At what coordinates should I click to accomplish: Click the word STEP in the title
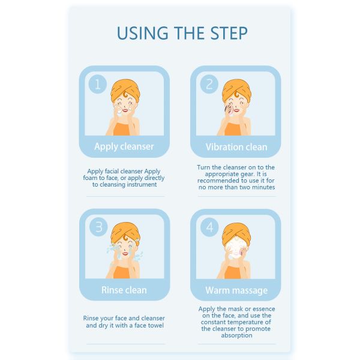pos(229,33)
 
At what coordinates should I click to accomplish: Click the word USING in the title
pos(142,33)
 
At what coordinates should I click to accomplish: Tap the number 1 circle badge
pos(98,84)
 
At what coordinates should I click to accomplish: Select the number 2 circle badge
pos(209,84)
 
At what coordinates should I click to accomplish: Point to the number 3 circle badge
pos(98,227)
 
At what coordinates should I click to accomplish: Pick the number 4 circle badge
pos(209,227)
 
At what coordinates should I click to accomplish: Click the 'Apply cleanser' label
pos(124,147)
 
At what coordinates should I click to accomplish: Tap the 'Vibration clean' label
pos(236,147)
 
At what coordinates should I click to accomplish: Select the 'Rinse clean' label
pos(124,290)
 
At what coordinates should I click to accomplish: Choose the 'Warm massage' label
pos(236,290)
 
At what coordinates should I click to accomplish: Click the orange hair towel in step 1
pos(125,89)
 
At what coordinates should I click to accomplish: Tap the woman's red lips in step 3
pos(125,253)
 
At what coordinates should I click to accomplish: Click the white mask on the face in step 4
pos(235,249)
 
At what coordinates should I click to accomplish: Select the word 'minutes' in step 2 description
pos(263,187)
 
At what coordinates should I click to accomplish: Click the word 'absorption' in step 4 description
pos(237,335)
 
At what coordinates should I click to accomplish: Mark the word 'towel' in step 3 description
pos(155,325)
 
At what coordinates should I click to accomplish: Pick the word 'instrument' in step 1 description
pos(142,185)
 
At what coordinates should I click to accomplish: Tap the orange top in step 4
pos(232,272)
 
